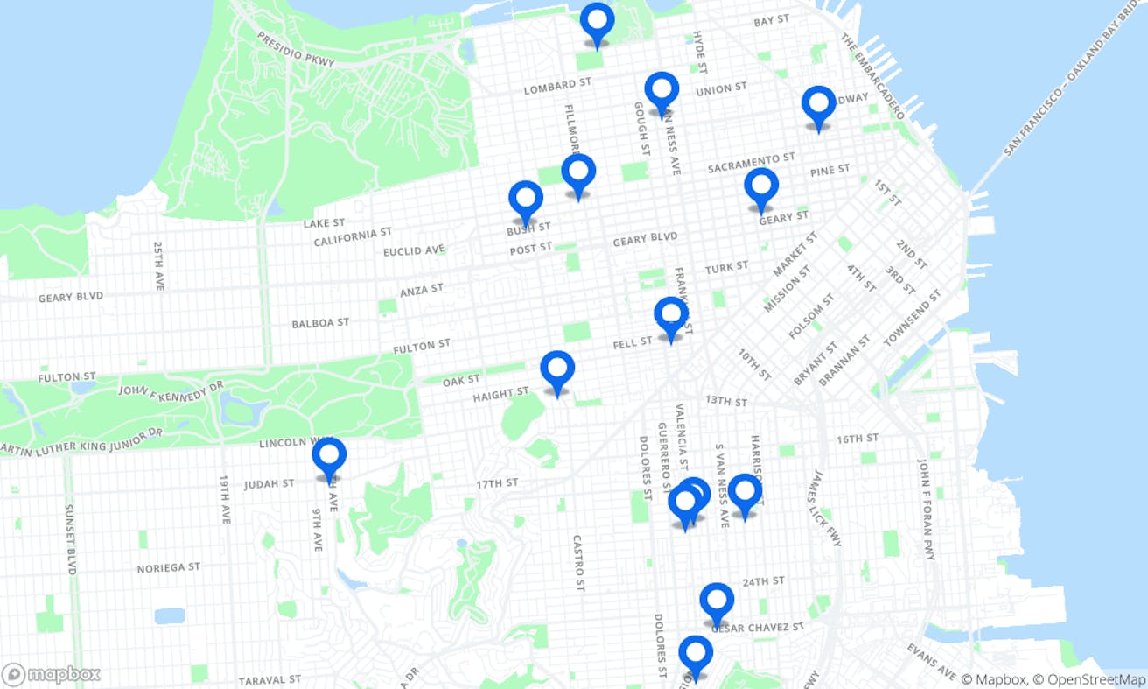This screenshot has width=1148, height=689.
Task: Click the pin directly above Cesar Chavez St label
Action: pyautogui.click(x=717, y=601)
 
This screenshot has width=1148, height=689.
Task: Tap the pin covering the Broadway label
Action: pyautogui.click(x=818, y=105)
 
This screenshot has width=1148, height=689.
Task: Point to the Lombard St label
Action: pyautogui.click(x=557, y=86)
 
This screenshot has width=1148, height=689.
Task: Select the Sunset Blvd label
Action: pyautogui.click(x=71, y=538)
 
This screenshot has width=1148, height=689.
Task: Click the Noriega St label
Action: pyautogui.click(x=169, y=567)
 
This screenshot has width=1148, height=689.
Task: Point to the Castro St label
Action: pyautogui.click(x=577, y=563)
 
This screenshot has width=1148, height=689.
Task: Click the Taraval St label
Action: pyautogui.click(x=270, y=679)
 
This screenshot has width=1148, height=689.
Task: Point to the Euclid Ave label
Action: pyautogui.click(x=414, y=251)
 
